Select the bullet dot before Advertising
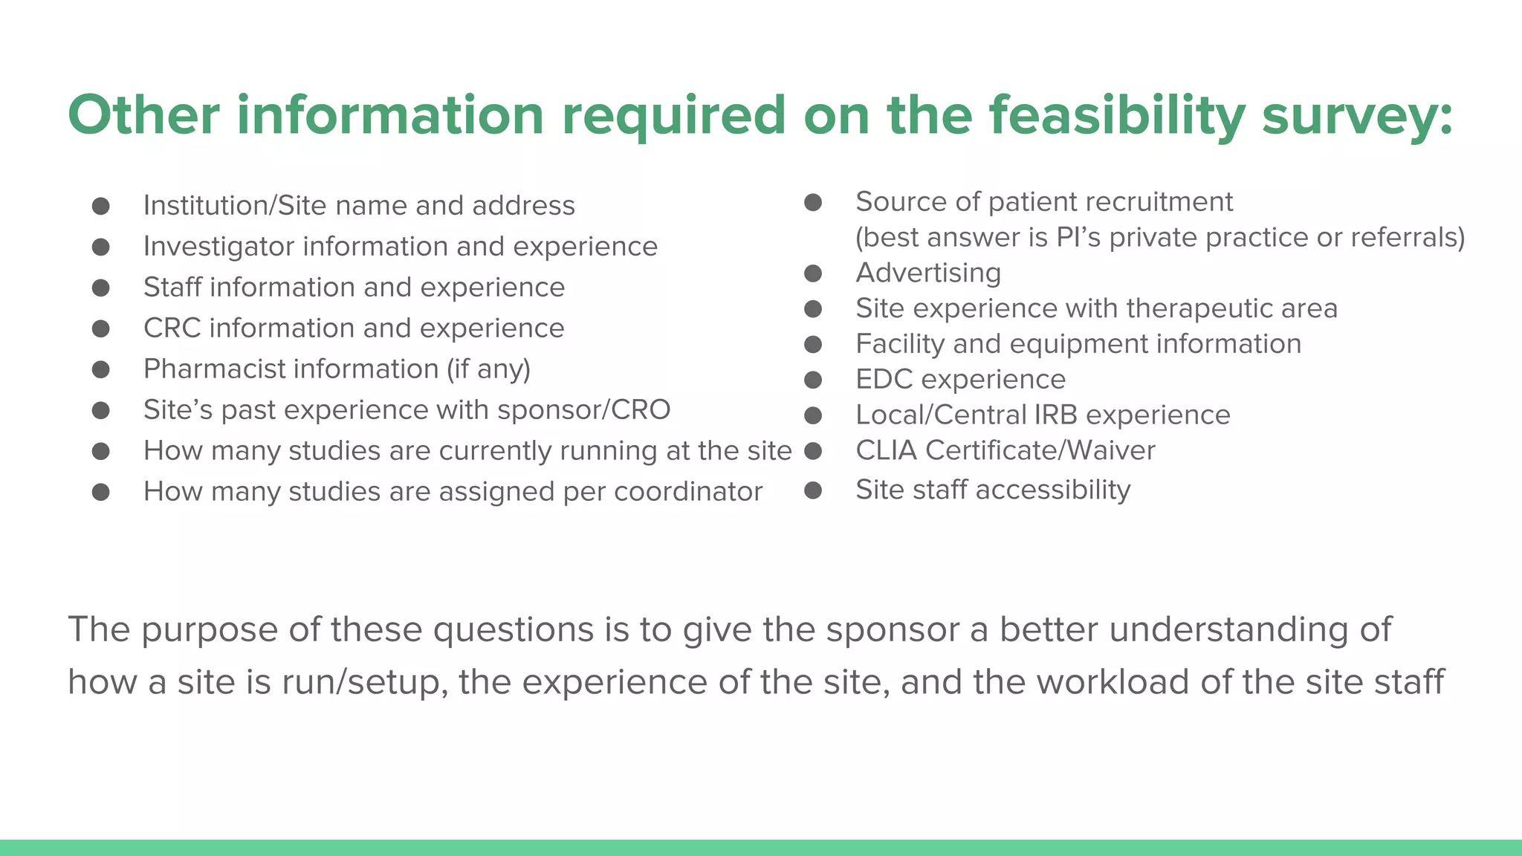[813, 273]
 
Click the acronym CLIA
[886, 450]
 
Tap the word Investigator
[218, 247]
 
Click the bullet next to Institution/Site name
[101, 206]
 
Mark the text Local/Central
[940, 415]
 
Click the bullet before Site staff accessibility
[813, 490]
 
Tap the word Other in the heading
[143, 116]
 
